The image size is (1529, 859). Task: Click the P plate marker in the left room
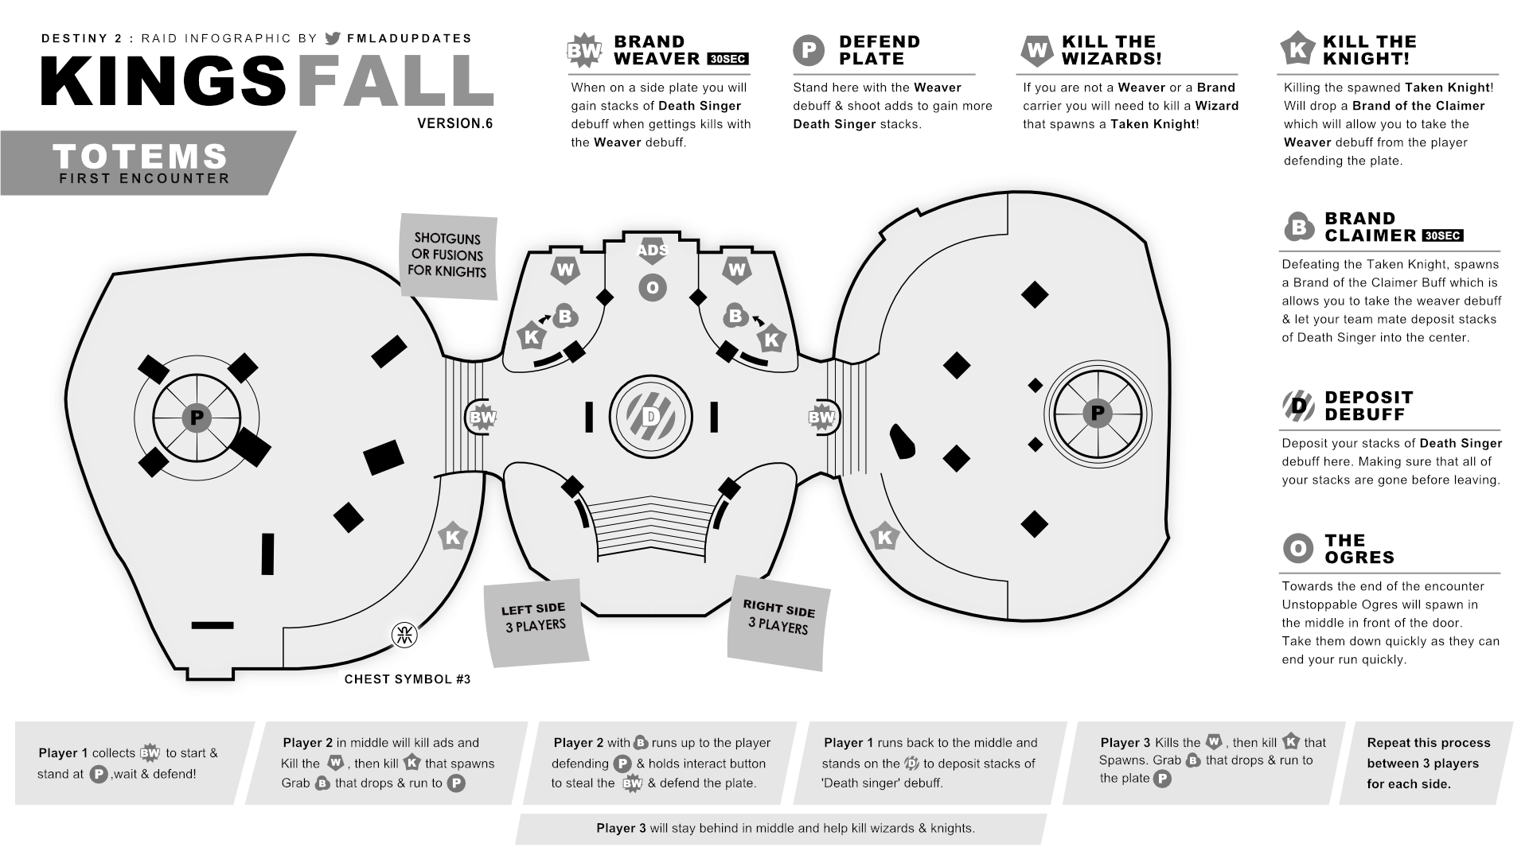pyautogui.click(x=197, y=418)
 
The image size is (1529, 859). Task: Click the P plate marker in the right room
pyautogui.click(x=1097, y=413)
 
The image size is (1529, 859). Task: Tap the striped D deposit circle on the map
pyautogui.click(x=651, y=416)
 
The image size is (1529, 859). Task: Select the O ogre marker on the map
pyautogui.click(x=653, y=288)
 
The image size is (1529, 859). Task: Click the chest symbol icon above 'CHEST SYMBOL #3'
pyautogui.click(x=404, y=635)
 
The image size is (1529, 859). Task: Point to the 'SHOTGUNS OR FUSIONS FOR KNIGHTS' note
pyautogui.click(x=447, y=255)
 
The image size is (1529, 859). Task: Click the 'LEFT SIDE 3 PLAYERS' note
pyautogui.click(x=535, y=619)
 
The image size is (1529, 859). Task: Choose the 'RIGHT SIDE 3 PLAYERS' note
pyautogui.click(x=778, y=618)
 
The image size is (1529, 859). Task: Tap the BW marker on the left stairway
pyautogui.click(x=482, y=417)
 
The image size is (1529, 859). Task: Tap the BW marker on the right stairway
pyautogui.click(x=821, y=417)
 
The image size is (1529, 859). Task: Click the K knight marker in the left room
pyautogui.click(x=452, y=538)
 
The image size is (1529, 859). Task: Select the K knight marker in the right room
pyautogui.click(x=884, y=538)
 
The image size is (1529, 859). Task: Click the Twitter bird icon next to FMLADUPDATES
pyautogui.click(x=333, y=38)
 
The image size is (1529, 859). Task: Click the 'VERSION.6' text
pyautogui.click(x=454, y=123)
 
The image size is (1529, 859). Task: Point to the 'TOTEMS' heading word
pyautogui.click(x=141, y=156)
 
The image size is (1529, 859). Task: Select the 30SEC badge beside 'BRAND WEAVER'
pyautogui.click(x=727, y=59)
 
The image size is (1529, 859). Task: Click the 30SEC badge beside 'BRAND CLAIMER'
pyautogui.click(x=1442, y=236)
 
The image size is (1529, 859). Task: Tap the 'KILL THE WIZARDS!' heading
pyautogui.click(x=1111, y=50)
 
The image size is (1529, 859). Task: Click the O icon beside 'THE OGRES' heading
pyautogui.click(x=1297, y=548)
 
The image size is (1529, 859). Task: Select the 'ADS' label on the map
pyautogui.click(x=652, y=251)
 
